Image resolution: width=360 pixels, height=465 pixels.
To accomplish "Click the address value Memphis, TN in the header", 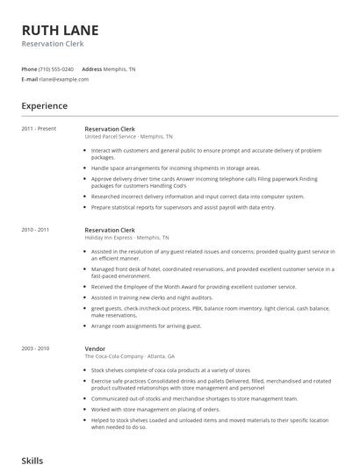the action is pos(120,68).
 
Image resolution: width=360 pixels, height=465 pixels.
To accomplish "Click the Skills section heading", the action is pos(32,459).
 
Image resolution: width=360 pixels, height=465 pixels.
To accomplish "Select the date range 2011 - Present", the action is pos(39,128).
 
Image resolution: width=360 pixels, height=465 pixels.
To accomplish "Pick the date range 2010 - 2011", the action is pos(36,229).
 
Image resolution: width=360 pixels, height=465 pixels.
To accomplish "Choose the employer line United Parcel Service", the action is pos(128,137).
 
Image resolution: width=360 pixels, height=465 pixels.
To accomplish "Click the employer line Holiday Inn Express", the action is pos(126,238).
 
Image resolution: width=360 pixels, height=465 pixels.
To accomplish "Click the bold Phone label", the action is pos(29,68).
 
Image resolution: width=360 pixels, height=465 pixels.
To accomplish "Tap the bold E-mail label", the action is pos(30,79).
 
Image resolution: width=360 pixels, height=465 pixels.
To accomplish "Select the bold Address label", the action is pos(91,68).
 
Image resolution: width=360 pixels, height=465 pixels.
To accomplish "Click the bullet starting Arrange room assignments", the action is pos(146,325).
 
